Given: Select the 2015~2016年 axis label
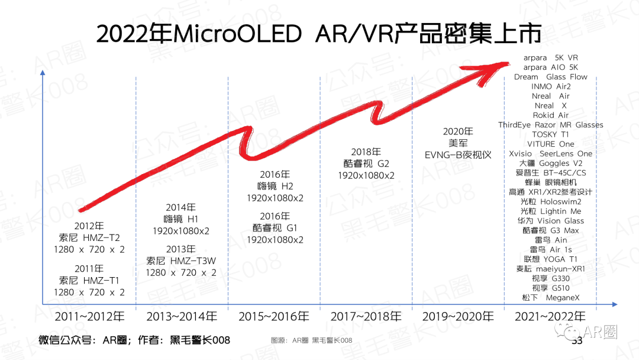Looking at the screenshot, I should click(x=273, y=317).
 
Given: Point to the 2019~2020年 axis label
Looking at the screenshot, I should click(x=458, y=317).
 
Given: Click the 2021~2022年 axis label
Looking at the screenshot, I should click(x=550, y=317).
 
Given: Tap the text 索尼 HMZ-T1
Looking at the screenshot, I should click(x=89, y=280).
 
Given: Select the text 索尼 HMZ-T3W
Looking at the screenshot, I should click(x=181, y=261).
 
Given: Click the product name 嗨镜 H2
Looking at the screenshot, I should click(x=275, y=186).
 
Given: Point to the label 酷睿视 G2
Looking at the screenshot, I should click(x=366, y=164).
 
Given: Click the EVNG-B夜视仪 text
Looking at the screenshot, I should click(x=458, y=155).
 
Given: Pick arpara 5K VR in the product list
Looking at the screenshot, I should click(x=550, y=57).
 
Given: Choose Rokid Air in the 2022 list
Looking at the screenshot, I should click(x=550, y=115).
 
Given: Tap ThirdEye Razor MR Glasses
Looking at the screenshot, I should click(x=550, y=125).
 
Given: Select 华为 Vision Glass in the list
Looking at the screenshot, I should click(x=550, y=221).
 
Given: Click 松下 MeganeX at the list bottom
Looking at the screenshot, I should click(x=550, y=297).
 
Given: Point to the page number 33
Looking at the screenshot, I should click(x=577, y=340).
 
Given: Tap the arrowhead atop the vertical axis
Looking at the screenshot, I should click(x=42, y=72).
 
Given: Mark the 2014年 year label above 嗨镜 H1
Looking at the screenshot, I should click(x=181, y=207).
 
